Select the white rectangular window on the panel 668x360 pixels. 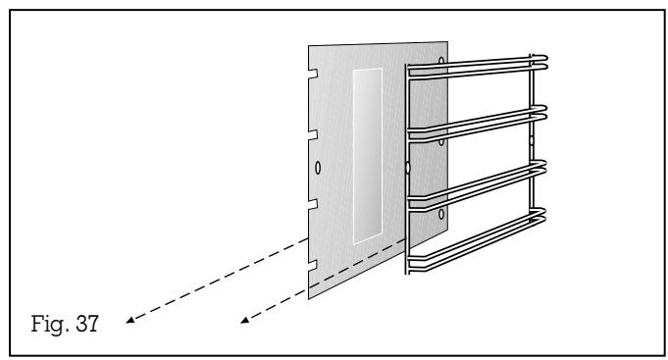[x=368, y=157]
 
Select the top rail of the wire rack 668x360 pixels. [x=476, y=65]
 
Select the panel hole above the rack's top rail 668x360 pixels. [x=440, y=61]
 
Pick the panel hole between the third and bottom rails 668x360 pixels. [x=440, y=213]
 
